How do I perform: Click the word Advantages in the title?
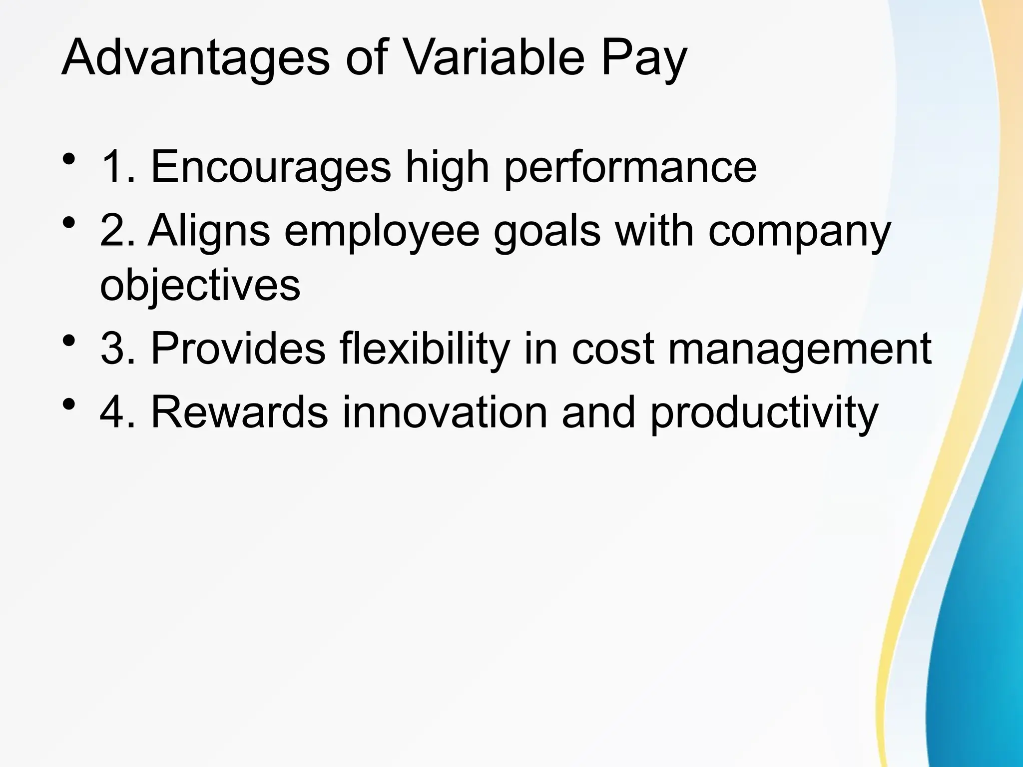pyautogui.click(x=195, y=59)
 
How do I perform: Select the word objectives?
pyautogui.click(x=200, y=286)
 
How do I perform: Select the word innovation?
pyautogui.click(x=445, y=412)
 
